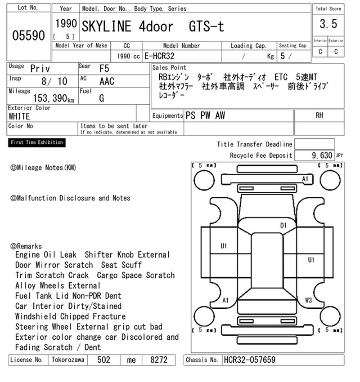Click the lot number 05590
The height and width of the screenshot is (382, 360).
click(x=28, y=36)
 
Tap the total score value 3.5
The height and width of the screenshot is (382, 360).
click(x=328, y=24)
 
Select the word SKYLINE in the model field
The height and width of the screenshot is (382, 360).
click(x=106, y=27)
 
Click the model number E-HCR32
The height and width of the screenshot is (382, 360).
click(x=159, y=56)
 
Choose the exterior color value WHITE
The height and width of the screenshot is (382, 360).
click(x=19, y=116)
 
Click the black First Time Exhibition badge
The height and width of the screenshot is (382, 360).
click(x=37, y=142)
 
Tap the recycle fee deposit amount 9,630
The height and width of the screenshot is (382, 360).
click(x=322, y=155)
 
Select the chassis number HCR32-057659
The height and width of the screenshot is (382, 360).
click(x=249, y=360)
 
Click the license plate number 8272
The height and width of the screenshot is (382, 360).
click(x=159, y=360)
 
